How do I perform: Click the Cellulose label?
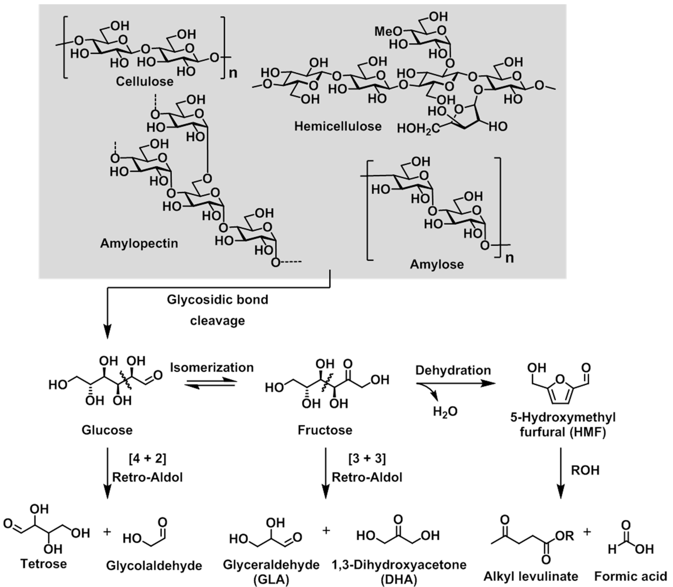(x=144, y=82)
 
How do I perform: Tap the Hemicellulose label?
(x=338, y=126)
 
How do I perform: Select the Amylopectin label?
(x=139, y=243)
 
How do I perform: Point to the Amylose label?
(x=437, y=264)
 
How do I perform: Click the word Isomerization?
(x=212, y=367)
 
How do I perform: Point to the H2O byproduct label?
(x=445, y=411)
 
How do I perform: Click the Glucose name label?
(x=107, y=430)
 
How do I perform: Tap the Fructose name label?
(x=325, y=430)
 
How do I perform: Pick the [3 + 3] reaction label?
(x=367, y=459)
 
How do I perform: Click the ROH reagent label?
(x=585, y=470)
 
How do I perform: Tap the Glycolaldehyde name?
(x=154, y=565)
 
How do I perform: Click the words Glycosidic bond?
(x=217, y=299)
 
